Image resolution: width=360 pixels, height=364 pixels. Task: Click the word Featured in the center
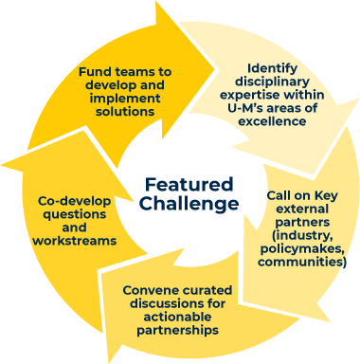tap(189, 185)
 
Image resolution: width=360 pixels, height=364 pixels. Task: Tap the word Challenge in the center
tap(189, 204)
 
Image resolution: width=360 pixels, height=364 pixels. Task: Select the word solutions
tap(125, 112)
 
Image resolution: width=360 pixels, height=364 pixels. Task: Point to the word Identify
tap(272, 68)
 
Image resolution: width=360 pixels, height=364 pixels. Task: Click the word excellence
tap(272, 121)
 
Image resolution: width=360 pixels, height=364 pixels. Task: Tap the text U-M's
tap(245, 108)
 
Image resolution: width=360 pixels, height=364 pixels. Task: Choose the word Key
tap(326, 196)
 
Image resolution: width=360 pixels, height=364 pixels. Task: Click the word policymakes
tap(302, 249)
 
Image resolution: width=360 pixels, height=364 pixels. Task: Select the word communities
tap(302, 263)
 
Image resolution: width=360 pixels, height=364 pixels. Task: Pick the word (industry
tap(302, 236)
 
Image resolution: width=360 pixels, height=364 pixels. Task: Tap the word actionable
tap(177, 317)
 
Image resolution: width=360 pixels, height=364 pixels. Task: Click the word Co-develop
tap(75, 201)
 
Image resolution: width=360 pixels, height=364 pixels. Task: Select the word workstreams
tap(75, 241)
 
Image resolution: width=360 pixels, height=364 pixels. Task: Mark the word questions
tap(75, 214)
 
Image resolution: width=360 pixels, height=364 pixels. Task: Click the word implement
tap(125, 99)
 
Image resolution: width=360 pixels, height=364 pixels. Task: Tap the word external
tap(302, 209)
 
